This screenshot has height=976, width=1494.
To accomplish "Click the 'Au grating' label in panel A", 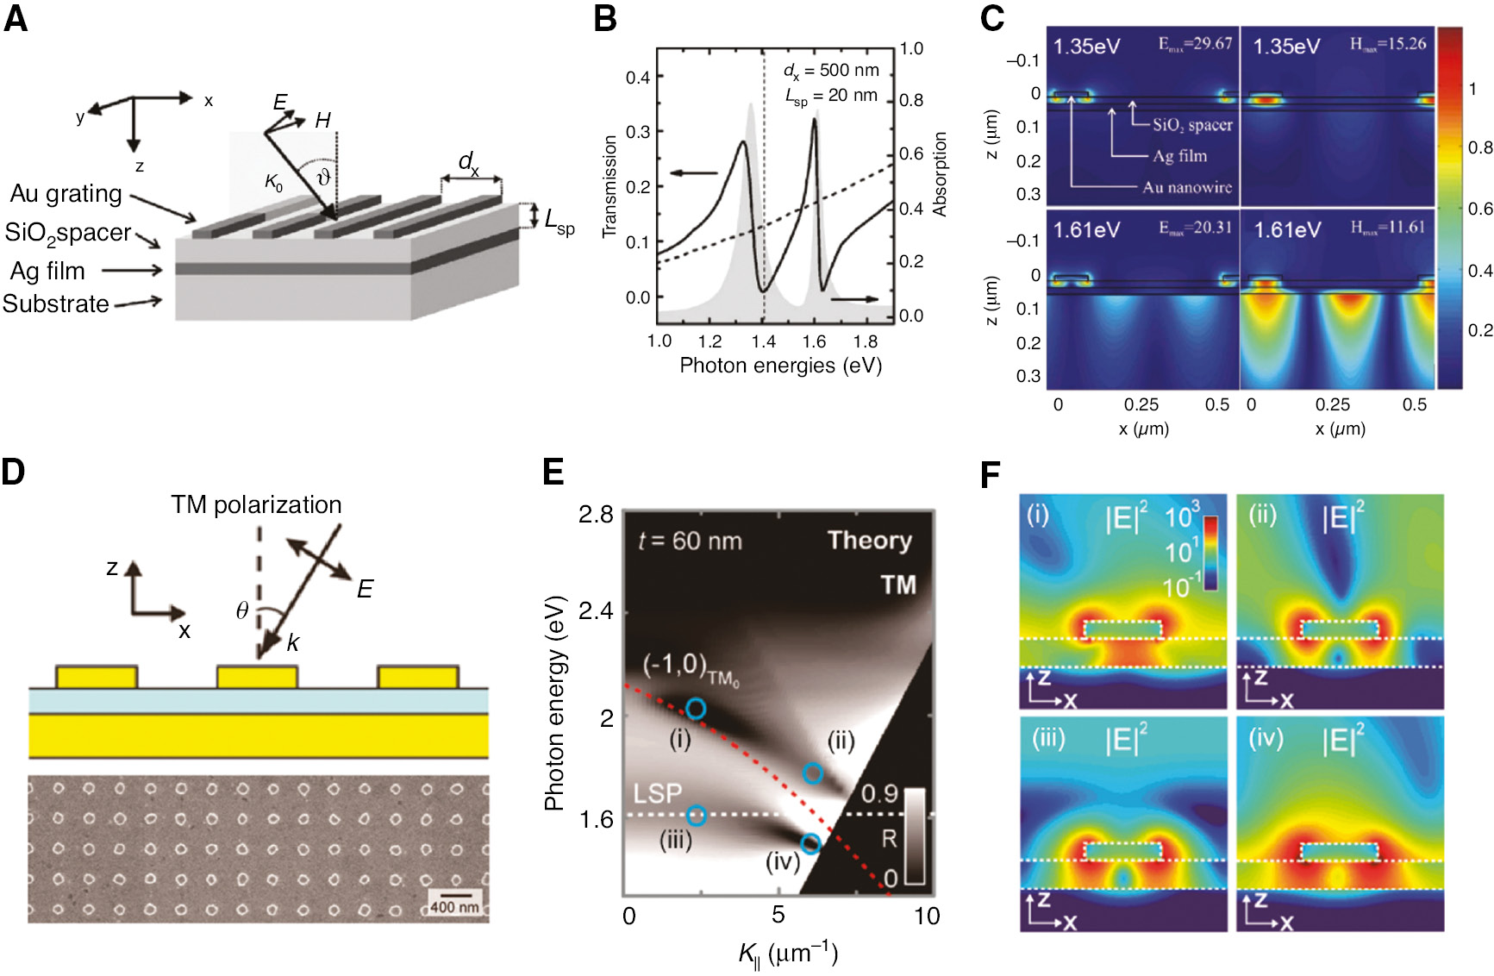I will (x=66, y=194).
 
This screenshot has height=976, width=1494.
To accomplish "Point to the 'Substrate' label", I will (x=56, y=304).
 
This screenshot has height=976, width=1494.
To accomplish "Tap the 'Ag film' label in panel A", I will (x=47, y=271).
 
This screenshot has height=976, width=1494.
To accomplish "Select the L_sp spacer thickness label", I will (x=559, y=221).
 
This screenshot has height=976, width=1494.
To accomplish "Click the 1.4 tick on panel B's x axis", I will (x=763, y=341).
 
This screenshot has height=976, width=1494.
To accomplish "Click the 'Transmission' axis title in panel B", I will (x=609, y=186).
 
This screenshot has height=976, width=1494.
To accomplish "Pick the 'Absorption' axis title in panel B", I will (x=940, y=174).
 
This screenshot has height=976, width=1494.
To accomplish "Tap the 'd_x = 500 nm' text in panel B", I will (x=831, y=71).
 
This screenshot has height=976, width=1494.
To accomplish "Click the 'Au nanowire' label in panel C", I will (x=1187, y=187).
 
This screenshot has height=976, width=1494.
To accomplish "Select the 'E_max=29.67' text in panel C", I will (x=1195, y=44).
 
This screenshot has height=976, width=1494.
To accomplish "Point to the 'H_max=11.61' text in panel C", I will (x=1387, y=228).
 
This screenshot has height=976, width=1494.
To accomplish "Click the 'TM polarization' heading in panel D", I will (x=256, y=504).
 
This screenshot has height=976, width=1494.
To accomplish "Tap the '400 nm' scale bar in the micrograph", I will (x=454, y=906).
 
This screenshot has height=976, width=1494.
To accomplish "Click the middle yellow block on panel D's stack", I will (x=258, y=677).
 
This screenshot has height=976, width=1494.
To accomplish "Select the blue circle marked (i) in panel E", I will (x=696, y=709).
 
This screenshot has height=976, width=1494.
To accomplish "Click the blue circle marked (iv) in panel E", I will (x=810, y=843).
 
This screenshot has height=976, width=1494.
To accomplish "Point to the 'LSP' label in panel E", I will (x=657, y=793).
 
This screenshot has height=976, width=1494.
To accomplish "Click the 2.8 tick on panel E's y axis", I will (x=596, y=515).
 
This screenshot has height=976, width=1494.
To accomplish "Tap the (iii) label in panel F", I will (x=1049, y=740).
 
